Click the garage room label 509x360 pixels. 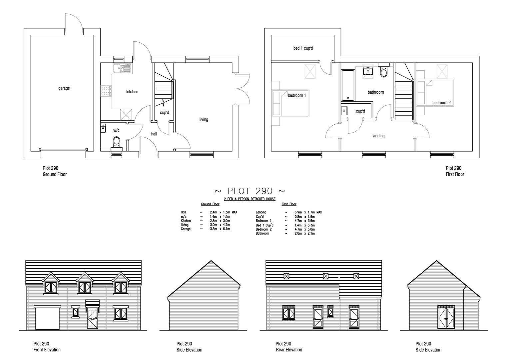(x=64, y=88)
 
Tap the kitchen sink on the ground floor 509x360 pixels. (x=122, y=68)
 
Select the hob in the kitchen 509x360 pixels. (x=106, y=91)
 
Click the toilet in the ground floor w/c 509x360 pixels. (x=117, y=141)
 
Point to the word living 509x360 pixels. (x=204, y=119)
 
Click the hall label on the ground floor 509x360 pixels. (x=154, y=134)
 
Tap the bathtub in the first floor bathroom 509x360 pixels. (x=348, y=85)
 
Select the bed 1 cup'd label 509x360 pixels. (x=303, y=48)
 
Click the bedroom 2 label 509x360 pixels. (x=441, y=103)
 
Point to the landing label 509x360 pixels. (x=378, y=136)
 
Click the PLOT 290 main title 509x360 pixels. (x=250, y=191)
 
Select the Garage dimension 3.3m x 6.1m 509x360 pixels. (x=220, y=229)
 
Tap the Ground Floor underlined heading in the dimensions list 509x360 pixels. (x=210, y=204)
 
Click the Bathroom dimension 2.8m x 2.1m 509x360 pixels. (x=304, y=233)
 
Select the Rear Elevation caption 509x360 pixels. (x=289, y=350)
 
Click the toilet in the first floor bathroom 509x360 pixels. (x=384, y=72)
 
